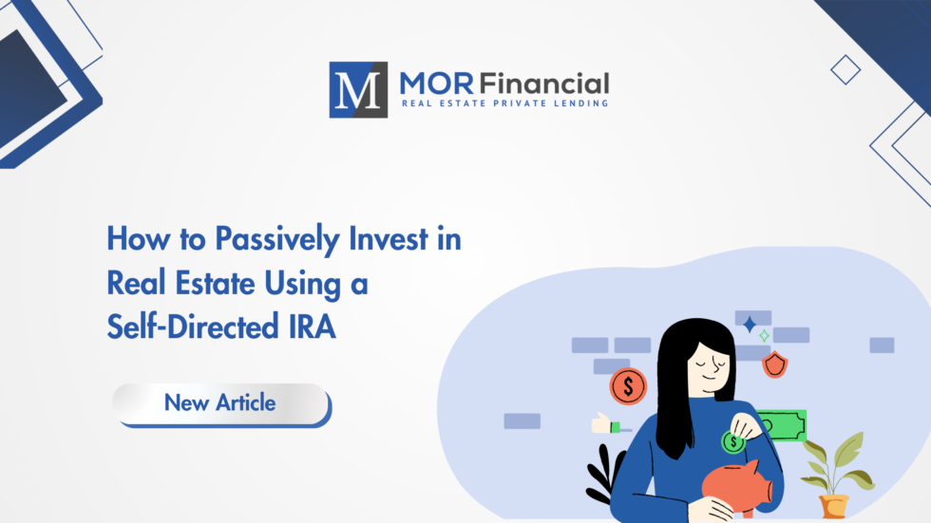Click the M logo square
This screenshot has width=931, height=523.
coord(358,89)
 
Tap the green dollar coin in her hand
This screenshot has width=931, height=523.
coord(732,441)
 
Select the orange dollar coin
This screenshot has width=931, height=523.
coord(628,385)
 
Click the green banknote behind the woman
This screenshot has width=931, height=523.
coord(781,426)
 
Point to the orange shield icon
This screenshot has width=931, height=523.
coord(775,364)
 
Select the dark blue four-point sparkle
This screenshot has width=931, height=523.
coord(750,325)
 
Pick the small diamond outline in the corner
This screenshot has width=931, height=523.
coord(845,68)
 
